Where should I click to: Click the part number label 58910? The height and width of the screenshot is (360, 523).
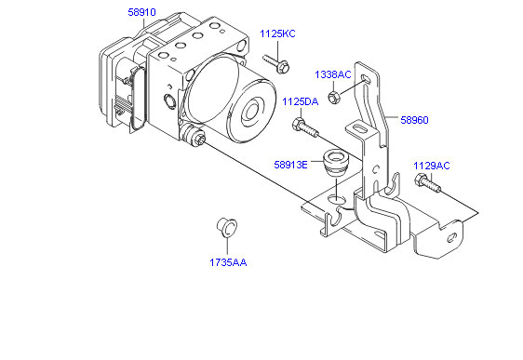coord(141,12)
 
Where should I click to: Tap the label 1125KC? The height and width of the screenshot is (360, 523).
coord(277,33)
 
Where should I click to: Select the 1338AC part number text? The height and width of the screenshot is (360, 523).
coord(333,74)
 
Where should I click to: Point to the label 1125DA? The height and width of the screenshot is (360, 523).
coord(301,101)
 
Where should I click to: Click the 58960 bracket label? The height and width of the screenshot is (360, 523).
coord(414,120)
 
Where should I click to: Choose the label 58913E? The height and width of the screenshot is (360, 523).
coord(290,165)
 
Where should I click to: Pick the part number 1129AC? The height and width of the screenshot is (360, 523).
coord(432,166)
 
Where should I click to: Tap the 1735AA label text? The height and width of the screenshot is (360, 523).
coord(228,262)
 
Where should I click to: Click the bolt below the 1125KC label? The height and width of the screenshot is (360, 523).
coord(276,63)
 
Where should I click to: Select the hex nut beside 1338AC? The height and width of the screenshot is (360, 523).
coord(333,97)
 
